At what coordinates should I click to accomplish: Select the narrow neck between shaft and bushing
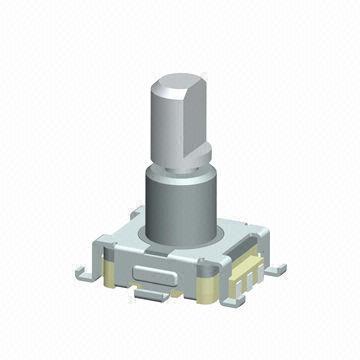(x=180, y=166)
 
